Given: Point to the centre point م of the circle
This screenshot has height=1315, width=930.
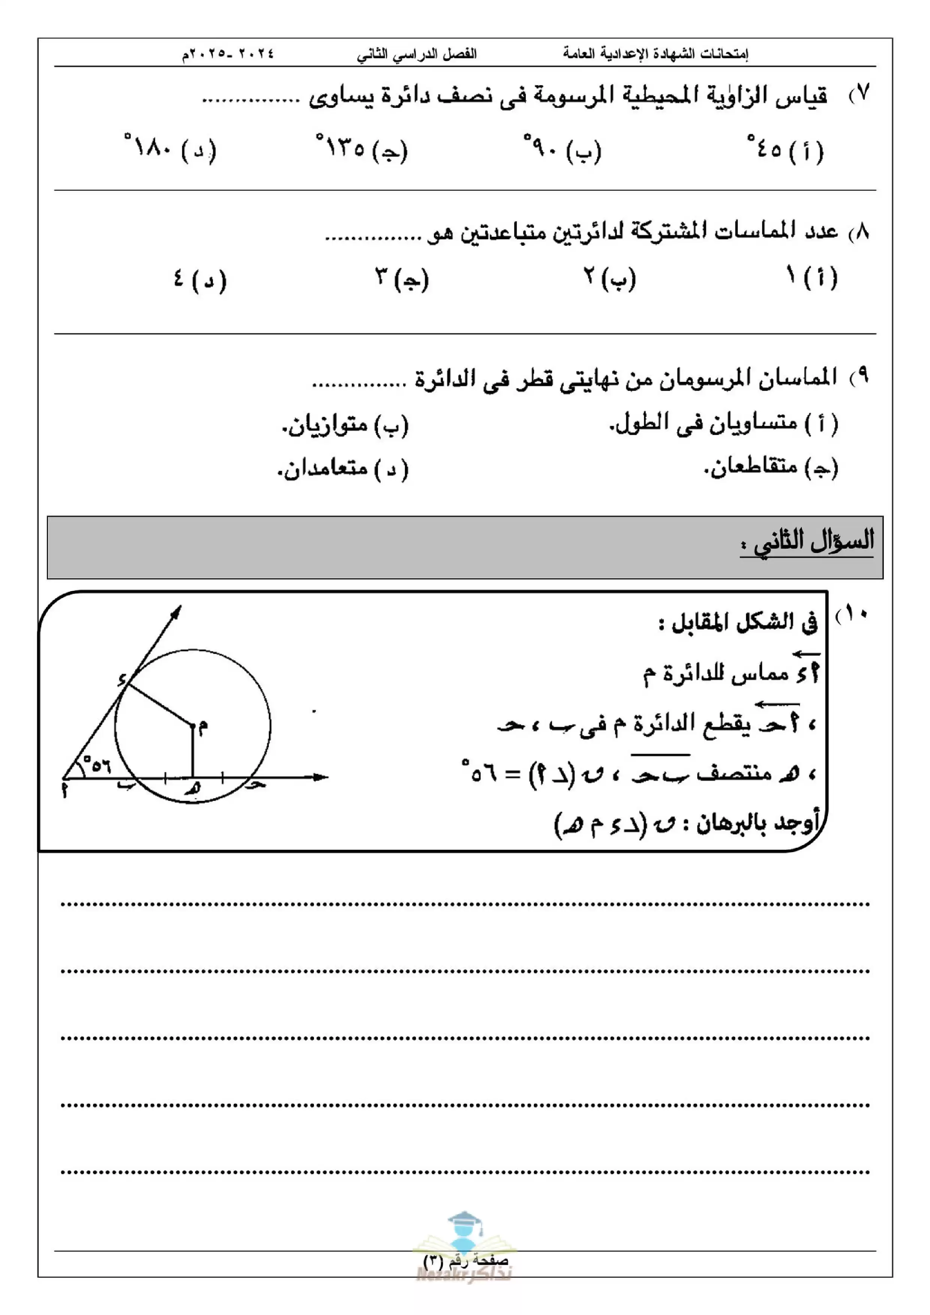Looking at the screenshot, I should pos(193,726).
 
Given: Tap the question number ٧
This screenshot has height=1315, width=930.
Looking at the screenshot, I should pos(860,93).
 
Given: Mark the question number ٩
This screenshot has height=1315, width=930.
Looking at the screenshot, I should pos(860,375).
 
